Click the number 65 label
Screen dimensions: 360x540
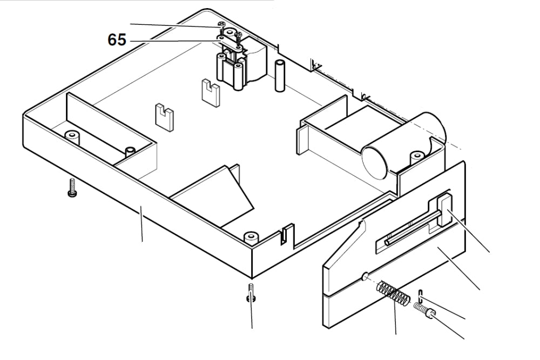tap(117, 40)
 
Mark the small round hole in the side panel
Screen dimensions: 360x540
tap(364, 277)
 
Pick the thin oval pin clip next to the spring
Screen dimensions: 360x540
tap(420, 296)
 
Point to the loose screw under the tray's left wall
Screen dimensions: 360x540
tap(71, 189)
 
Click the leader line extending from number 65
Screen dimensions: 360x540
tap(173, 40)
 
